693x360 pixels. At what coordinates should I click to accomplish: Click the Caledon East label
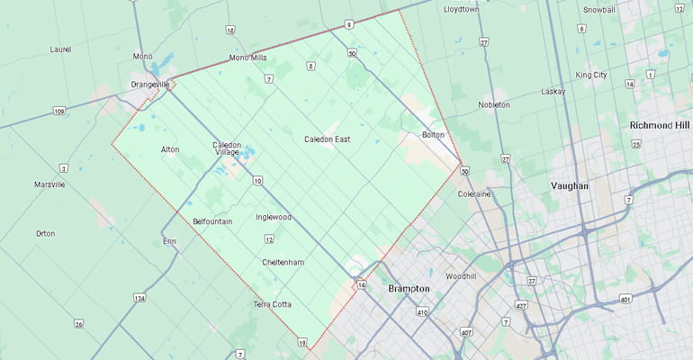pyautogui.click(x=327, y=139)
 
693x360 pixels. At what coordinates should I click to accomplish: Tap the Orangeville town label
pyautogui.click(x=149, y=84)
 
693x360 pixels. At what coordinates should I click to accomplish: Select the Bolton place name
pyautogui.click(x=433, y=135)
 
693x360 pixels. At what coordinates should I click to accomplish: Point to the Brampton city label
pyautogui.click(x=409, y=289)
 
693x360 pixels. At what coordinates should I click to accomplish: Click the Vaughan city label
pyautogui.click(x=569, y=185)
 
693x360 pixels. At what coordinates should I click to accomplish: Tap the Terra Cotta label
pyautogui.click(x=272, y=304)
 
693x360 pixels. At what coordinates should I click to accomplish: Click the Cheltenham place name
pyautogui.click(x=283, y=262)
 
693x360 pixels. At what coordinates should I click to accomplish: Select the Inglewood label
pyautogui.click(x=273, y=217)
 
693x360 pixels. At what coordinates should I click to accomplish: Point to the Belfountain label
pyautogui.click(x=212, y=220)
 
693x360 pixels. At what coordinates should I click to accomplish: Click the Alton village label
pyautogui.click(x=169, y=149)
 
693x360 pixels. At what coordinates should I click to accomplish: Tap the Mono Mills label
pyautogui.click(x=247, y=58)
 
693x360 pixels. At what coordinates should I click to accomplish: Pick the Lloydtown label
pyautogui.click(x=462, y=9)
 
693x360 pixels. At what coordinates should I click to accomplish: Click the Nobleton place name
pyautogui.click(x=493, y=104)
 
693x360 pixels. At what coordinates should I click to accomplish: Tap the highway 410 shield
pyautogui.click(x=421, y=312)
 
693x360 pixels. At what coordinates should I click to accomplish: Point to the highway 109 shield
pyautogui.click(x=59, y=112)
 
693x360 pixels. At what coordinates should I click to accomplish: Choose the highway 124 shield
pyautogui.click(x=139, y=297)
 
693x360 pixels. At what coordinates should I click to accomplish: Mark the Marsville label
pyautogui.click(x=49, y=184)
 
